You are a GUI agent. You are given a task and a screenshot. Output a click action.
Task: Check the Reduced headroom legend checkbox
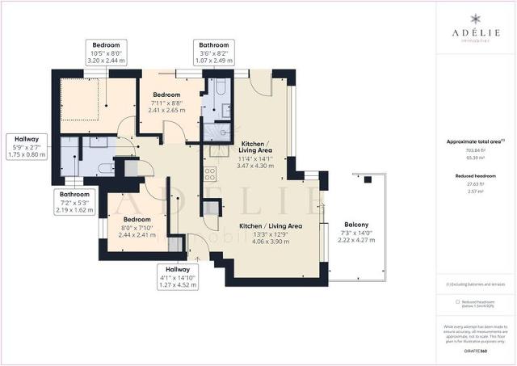[x=457, y=301]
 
